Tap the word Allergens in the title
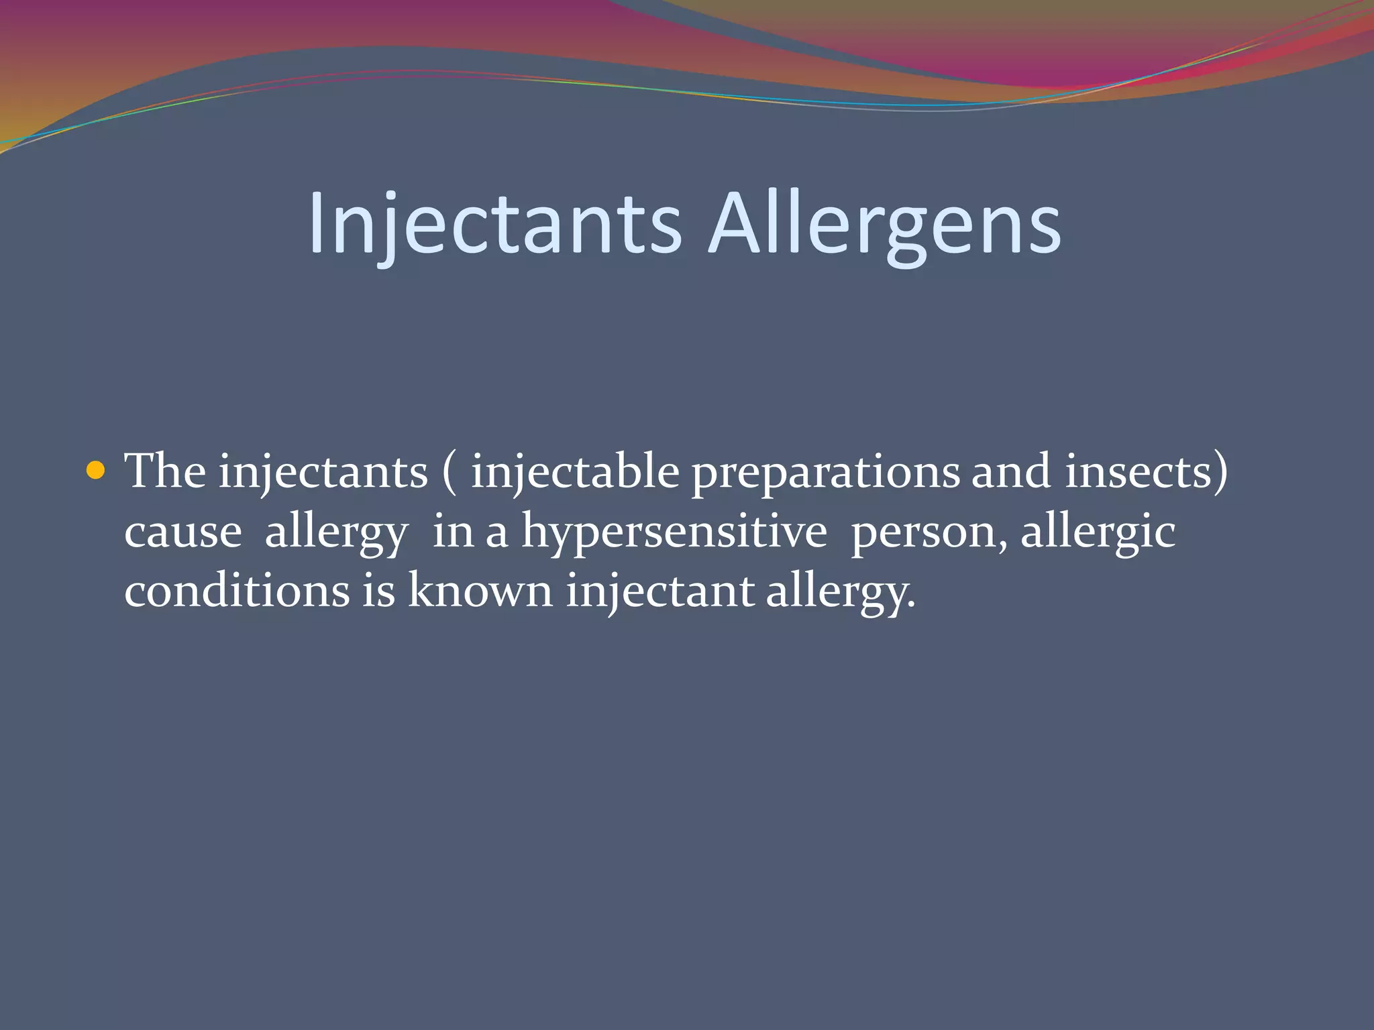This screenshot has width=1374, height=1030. coord(884,223)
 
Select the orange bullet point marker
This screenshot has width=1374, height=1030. coord(97,471)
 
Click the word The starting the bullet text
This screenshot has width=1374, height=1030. coord(165,471)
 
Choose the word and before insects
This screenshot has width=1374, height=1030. coord(1011,471)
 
